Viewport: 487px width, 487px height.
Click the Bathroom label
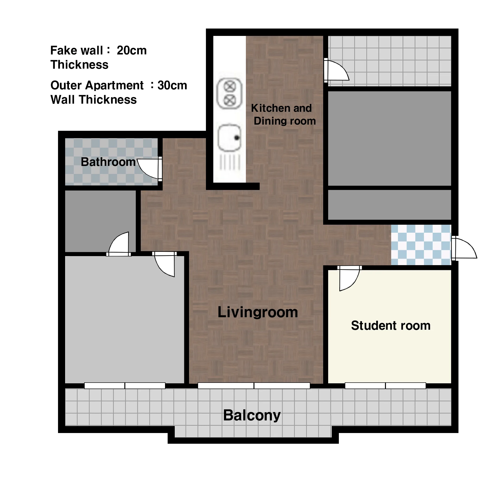click(108, 162)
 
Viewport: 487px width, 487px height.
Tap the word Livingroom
click(258, 312)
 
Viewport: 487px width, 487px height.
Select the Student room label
click(391, 326)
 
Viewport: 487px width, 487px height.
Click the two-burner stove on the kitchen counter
click(230, 93)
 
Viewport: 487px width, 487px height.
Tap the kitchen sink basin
click(229, 138)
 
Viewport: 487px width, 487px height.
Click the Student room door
click(349, 278)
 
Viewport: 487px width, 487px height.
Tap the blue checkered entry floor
click(421, 245)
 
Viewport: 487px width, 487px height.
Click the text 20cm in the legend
click(131, 50)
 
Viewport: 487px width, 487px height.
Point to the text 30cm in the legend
click(172, 85)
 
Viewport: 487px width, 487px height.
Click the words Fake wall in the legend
click(77, 50)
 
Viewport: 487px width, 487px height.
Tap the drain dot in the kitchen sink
click(237, 138)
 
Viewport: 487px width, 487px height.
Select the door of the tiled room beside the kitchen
click(336, 70)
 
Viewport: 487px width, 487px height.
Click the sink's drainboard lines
click(230, 162)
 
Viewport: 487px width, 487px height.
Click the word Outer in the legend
click(66, 85)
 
